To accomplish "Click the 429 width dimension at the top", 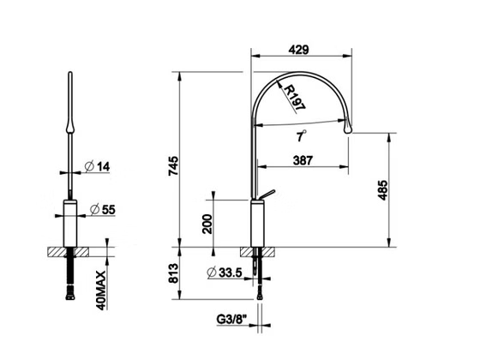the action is click(x=299, y=50).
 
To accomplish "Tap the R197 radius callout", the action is click(x=295, y=98).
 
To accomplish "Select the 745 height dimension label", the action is click(x=173, y=166).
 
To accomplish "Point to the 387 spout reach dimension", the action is click(x=303, y=160).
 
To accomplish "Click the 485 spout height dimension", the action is click(x=382, y=190).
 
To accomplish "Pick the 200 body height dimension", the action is click(x=207, y=224).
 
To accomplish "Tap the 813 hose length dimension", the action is click(x=173, y=273).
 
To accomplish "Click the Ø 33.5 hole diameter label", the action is click(x=225, y=273).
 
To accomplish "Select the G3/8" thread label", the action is click(x=231, y=319).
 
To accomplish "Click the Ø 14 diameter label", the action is click(x=97, y=166).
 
